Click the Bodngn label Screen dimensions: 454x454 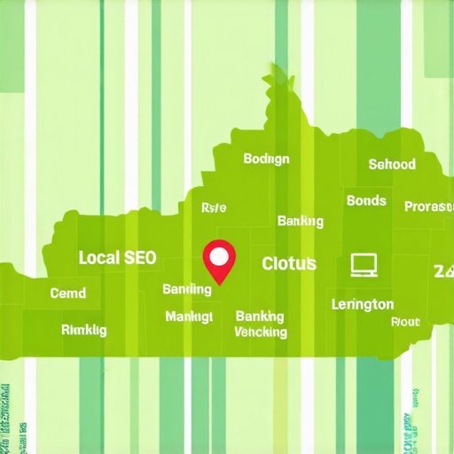[266, 159]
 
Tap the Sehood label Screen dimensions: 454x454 [391, 164]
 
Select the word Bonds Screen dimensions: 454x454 [366, 200]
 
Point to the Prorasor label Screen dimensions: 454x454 [429, 207]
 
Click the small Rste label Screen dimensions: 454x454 [214, 207]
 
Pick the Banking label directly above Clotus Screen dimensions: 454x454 [300, 220]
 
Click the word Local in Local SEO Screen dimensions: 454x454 [98, 258]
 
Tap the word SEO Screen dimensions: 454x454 [139, 258]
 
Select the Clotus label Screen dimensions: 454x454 [289, 263]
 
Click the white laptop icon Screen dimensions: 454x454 [364, 263]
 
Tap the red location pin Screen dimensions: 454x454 [218, 260]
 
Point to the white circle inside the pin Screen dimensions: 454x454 [218, 256]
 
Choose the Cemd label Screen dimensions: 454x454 [68, 293]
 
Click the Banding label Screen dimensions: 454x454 [187, 289]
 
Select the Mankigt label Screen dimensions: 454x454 [189, 316]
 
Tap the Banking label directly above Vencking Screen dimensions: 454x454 [260, 316]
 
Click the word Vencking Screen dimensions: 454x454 [261, 333]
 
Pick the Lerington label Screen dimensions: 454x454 [362, 304]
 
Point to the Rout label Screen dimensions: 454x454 [405, 322]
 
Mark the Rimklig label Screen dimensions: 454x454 [83, 330]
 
